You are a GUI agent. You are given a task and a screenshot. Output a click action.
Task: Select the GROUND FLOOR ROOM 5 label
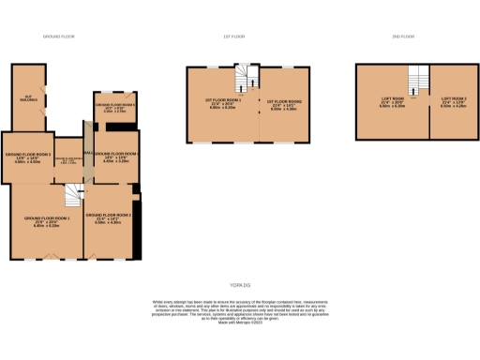(x=115, y=105)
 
